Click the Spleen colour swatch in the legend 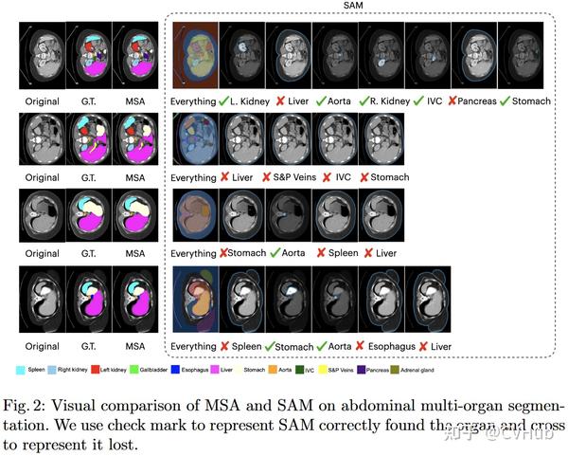coord(23,369)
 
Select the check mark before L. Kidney coord(223,100)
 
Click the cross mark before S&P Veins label coord(268,177)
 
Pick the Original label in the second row coord(40,176)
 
